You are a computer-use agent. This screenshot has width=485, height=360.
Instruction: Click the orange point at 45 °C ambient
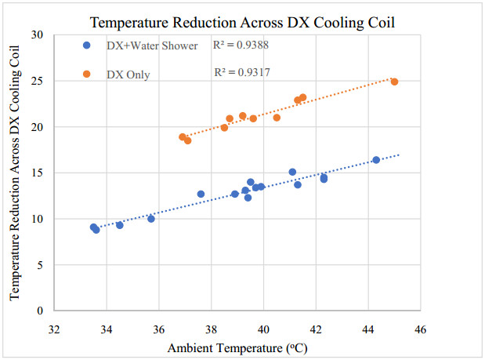click(394, 82)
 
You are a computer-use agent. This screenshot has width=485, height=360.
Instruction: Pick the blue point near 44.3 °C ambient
click(376, 160)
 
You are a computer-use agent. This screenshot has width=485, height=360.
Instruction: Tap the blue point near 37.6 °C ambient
click(201, 194)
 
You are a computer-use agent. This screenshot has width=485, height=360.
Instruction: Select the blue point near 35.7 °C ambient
click(151, 219)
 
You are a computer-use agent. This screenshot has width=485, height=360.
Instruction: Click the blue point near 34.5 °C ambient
click(120, 225)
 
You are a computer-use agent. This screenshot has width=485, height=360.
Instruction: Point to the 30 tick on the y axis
click(38, 35)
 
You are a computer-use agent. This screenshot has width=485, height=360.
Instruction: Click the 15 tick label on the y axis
click(38, 173)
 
